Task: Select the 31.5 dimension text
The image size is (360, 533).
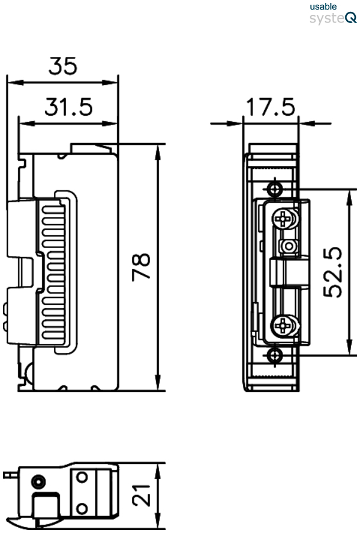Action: pos(69,108)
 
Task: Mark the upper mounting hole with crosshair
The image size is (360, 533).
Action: pos(273,189)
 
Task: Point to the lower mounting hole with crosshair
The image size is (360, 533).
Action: pos(273,355)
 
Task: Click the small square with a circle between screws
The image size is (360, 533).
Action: pos(288,245)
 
